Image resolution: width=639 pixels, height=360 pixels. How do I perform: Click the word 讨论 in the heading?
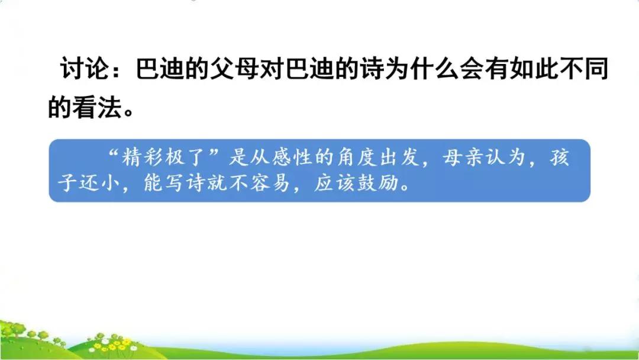coord(85,68)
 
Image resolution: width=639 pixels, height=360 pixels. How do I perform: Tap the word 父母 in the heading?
coord(234,68)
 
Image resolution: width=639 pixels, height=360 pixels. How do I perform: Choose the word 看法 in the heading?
coord(98,107)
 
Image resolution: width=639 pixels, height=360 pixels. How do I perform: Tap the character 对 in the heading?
coord(272,68)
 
